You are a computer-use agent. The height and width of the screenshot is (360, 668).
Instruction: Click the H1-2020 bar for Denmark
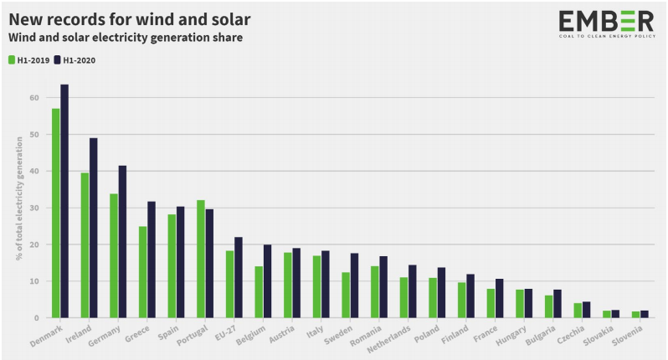(64, 201)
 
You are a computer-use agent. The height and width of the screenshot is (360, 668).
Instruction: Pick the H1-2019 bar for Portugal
(200, 259)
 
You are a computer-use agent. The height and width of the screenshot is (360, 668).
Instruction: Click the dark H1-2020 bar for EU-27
(238, 277)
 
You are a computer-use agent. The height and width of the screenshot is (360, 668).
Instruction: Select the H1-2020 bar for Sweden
(354, 285)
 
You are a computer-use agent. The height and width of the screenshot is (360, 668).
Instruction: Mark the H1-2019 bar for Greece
(142, 272)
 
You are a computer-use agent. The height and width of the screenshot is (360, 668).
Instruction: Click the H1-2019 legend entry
(27, 60)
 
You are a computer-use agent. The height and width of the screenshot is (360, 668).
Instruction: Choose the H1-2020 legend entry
(75, 60)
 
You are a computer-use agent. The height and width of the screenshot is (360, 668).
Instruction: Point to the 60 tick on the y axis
(34, 98)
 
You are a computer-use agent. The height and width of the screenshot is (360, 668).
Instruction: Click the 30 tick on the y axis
(34, 208)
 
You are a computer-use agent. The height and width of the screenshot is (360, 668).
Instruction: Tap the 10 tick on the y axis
(34, 282)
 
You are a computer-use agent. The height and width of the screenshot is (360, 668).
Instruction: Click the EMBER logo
(606, 24)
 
